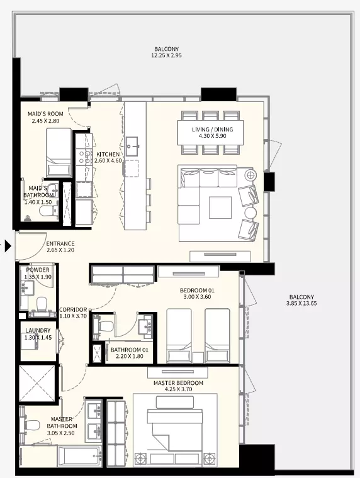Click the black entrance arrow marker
tap(8, 245)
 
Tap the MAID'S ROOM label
tap(45, 114)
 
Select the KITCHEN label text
tap(108, 154)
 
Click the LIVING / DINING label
tap(212, 130)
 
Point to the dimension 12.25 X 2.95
tap(166, 55)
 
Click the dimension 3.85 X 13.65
tap(301, 303)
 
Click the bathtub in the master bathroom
tap(80, 456)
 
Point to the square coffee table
tap(220, 208)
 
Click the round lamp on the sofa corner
tap(250, 175)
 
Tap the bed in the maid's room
tap(59, 152)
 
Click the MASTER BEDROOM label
tap(178, 383)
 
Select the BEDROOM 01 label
tap(197, 290)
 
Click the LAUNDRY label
tap(38, 330)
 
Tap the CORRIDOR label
tap(73, 309)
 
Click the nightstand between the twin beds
tap(198, 357)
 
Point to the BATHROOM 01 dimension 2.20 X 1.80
tap(130, 356)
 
